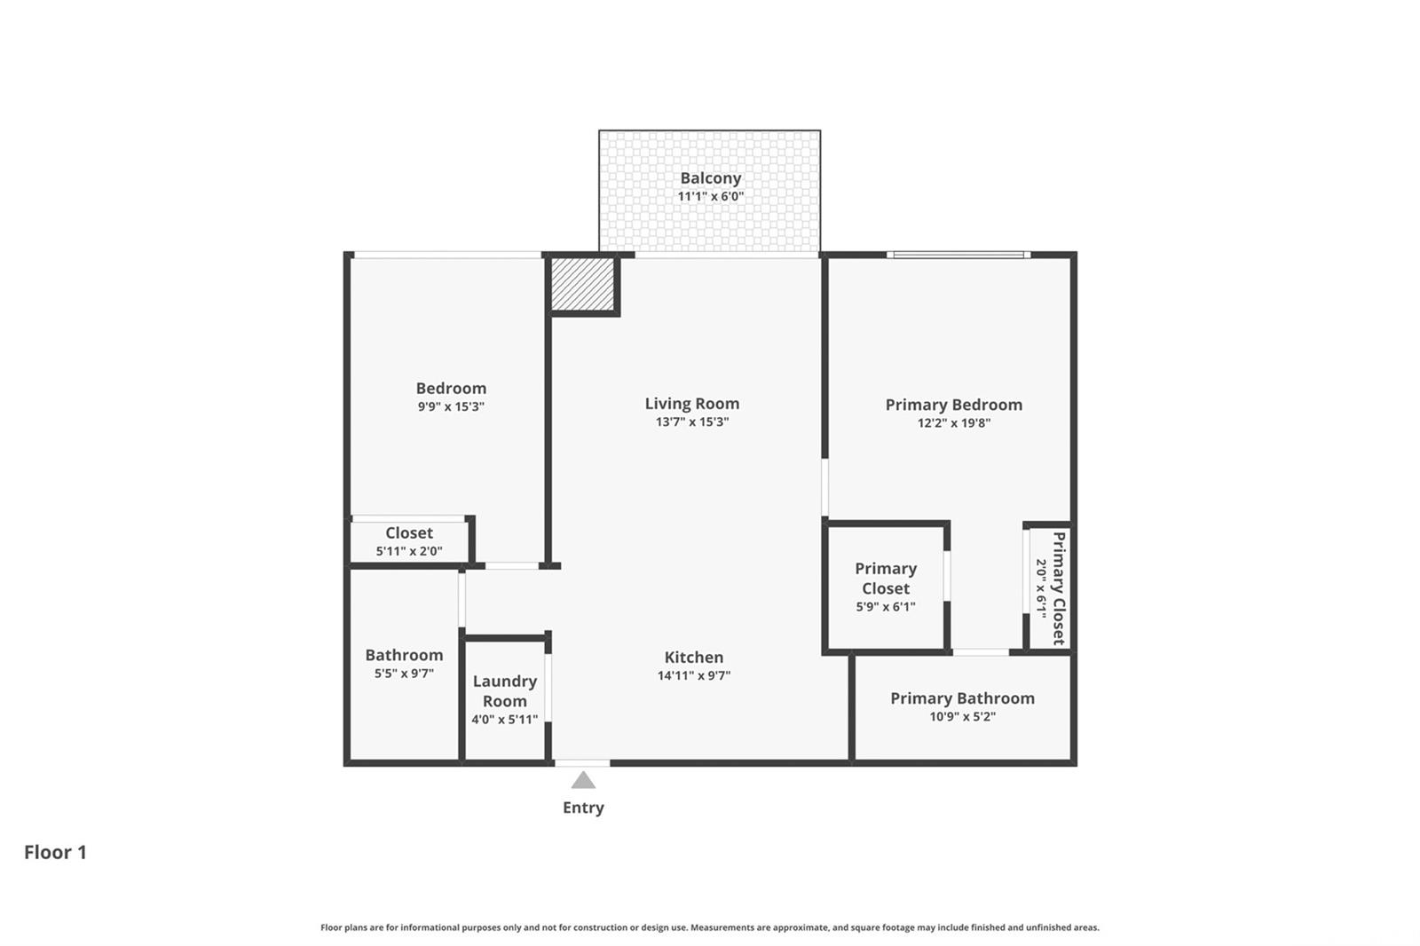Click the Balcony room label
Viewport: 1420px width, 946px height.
[x=711, y=178]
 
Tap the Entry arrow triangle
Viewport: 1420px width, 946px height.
[x=583, y=781]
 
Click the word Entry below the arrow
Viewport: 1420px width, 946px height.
[x=583, y=808]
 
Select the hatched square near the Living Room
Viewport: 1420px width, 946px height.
[x=582, y=284]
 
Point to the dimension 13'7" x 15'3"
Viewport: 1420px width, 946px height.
[x=692, y=422]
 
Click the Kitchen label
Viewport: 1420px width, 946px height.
[x=693, y=657]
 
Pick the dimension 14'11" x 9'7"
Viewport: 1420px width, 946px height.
[x=693, y=675]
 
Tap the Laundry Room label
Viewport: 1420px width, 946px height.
[x=505, y=691]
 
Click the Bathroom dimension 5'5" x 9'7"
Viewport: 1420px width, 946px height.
[x=404, y=674]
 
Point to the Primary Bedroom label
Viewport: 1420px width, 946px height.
[x=953, y=405]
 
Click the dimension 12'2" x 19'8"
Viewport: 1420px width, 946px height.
[x=953, y=423]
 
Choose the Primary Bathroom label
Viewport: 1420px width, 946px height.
[x=962, y=698]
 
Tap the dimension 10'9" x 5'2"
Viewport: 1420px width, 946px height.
[x=962, y=716]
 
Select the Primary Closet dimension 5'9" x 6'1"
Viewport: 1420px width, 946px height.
[x=886, y=607]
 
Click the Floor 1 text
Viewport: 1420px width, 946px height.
[x=55, y=852]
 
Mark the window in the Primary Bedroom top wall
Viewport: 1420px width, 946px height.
[x=958, y=255]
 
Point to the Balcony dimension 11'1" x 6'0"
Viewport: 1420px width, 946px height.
[x=711, y=196]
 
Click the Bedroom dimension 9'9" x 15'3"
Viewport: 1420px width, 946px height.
[x=451, y=406]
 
